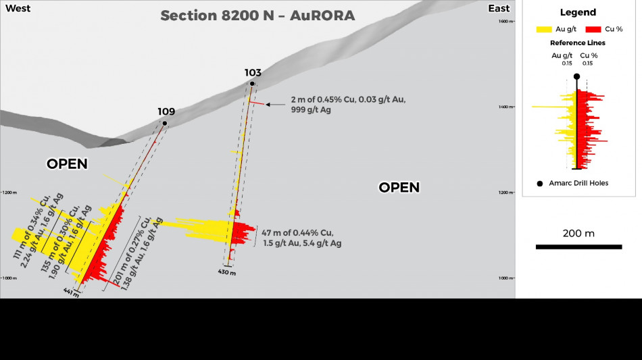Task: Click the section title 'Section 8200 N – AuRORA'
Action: [x=257, y=16]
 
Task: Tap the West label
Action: [x=18, y=8]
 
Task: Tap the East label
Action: [x=499, y=8]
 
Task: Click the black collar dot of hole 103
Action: [x=252, y=84]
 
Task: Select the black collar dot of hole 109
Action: [x=165, y=123]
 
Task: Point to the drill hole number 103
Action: [x=253, y=72]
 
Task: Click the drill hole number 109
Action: [x=166, y=111]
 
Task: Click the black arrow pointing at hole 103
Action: [x=276, y=105]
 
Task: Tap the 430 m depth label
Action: [x=227, y=272]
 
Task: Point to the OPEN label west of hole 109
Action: [x=67, y=164]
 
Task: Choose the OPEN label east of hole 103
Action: [x=399, y=187]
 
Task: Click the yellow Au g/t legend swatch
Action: [x=544, y=30]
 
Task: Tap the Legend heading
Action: [x=578, y=12]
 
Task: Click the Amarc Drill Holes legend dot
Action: [x=539, y=183]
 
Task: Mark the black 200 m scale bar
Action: [x=578, y=247]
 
